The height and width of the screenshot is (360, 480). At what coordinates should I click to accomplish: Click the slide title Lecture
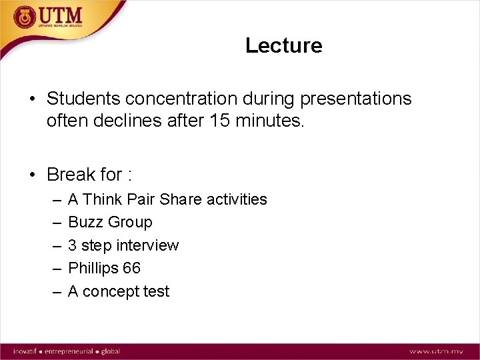(283, 45)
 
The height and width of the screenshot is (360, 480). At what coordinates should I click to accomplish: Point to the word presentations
(356, 99)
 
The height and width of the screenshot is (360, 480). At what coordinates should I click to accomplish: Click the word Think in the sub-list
(103, 199)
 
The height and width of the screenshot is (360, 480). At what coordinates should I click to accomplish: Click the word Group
(129, 222)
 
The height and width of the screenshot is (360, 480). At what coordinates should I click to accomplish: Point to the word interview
(147, 245)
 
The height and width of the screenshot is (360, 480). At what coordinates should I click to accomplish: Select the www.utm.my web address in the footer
(437, 351)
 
